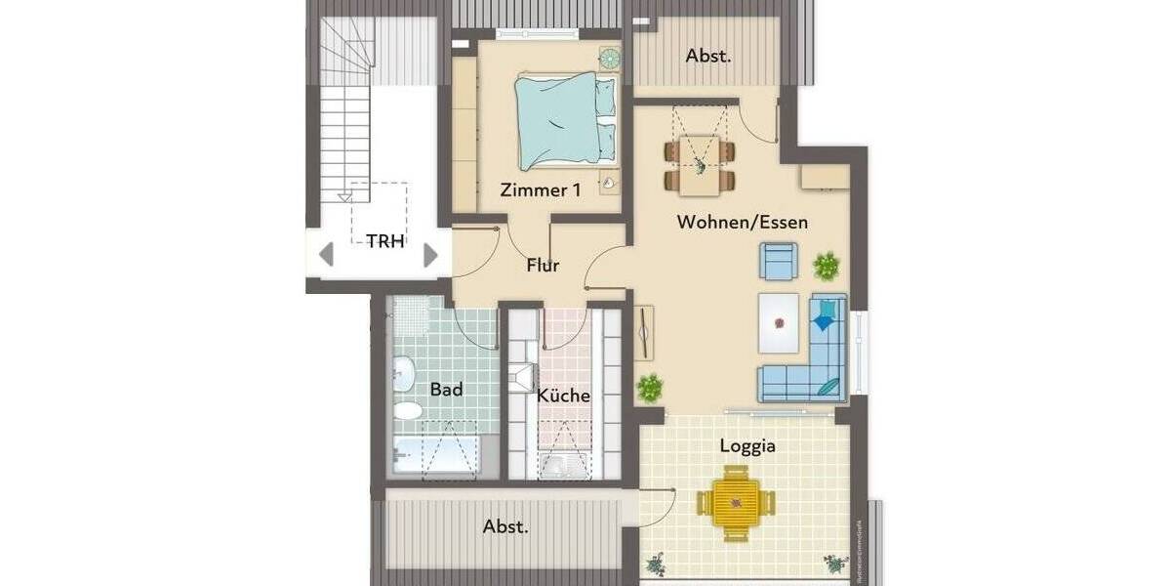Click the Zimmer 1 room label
pos(540,190)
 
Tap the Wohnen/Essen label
pos(743,222)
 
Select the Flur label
pos(543,265)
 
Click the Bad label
pos(446,389)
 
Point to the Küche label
pos(563,396)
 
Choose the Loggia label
pos(747,446)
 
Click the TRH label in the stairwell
pos(385,241)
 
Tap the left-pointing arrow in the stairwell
pos(327,256)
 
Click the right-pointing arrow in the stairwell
pos(430,256)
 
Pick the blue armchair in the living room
pos(780,261)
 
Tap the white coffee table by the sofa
pos(782,323)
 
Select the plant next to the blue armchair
pos(827,265)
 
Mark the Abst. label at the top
pos(708,56)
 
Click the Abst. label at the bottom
pos(506,526)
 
